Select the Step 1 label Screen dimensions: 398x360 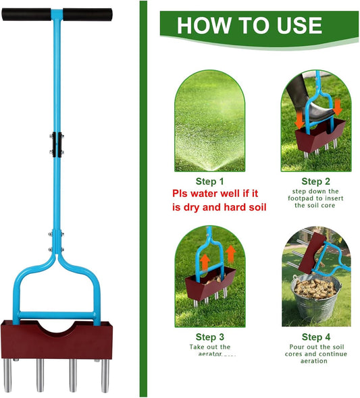coord(210,181)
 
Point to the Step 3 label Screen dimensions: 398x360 coord(210,337)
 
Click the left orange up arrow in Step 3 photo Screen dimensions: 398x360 coord(203,260)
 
